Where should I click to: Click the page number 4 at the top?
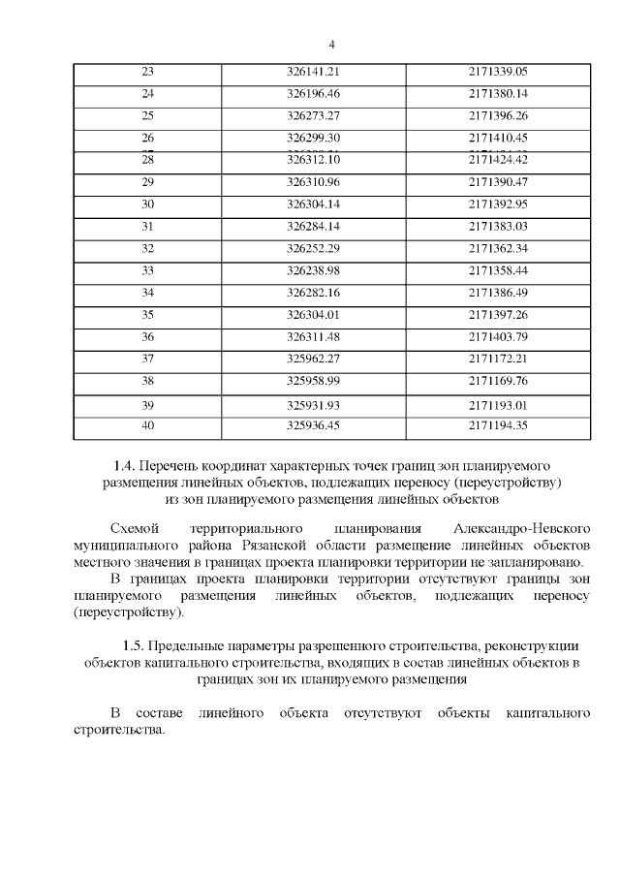coord(331,45)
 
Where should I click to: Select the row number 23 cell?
coord(148,72)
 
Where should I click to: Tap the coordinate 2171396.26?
coord(497,115)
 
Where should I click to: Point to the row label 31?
coord(148,227)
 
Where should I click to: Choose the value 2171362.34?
coord(497,248)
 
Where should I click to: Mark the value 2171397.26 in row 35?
coord(497,315)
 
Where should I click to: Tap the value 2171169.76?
coord(497,381)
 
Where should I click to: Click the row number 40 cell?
coord(148,424)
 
